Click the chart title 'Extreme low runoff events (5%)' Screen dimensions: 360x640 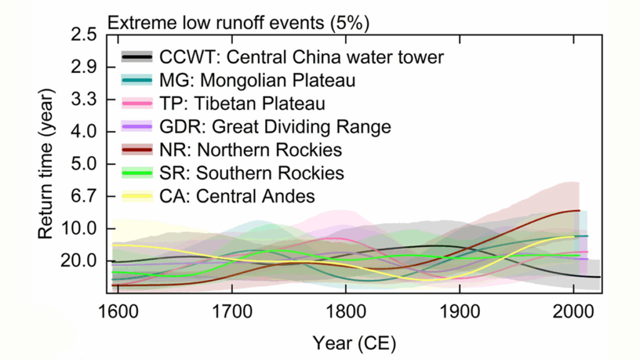[239, 23]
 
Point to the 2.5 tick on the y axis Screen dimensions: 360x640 [84, 35]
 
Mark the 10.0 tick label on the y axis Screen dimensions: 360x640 [79, 229]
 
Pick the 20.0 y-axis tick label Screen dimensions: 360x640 [79, 261]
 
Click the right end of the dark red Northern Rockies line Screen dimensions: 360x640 [579, 211]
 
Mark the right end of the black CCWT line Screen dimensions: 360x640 [600, 277]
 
